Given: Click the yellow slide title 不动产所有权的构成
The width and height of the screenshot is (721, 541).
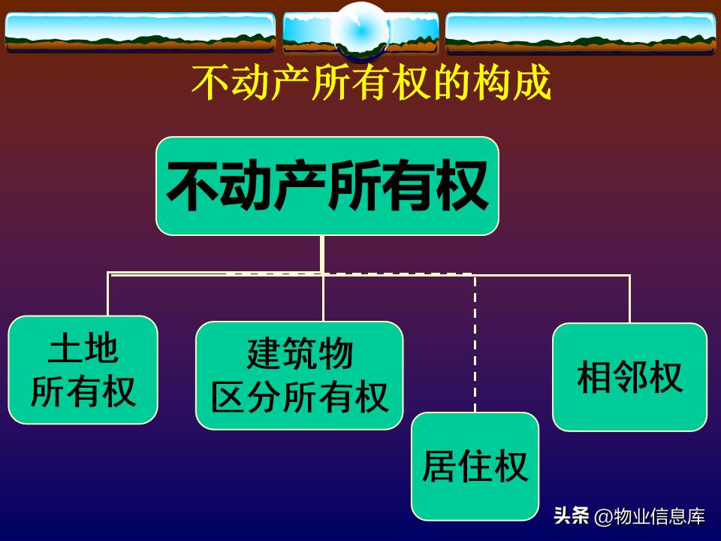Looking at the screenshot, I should pos(372,83).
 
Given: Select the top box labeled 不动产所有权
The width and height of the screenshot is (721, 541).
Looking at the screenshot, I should pos(327,186).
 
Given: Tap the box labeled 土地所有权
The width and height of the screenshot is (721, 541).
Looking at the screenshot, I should pos(83,370).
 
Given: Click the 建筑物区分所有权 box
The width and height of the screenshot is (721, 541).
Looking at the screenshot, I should pos(299,376).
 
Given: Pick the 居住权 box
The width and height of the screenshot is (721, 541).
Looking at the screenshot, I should pos(475,466).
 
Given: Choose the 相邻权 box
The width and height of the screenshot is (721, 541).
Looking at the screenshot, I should pos(629,377).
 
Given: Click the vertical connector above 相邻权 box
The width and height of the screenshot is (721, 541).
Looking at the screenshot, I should pos(629,298).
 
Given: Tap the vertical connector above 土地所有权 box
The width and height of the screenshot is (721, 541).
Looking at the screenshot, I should pos(108,295).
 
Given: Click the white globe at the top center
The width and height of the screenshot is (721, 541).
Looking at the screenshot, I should pos(360,30).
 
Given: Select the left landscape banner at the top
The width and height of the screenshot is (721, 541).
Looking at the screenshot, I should pos(140,32).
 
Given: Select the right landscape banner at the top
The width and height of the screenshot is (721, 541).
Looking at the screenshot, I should pos(580,32).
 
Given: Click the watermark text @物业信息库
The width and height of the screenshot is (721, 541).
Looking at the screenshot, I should pos(650,517).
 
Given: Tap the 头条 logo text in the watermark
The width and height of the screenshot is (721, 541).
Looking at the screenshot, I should pos(571,517).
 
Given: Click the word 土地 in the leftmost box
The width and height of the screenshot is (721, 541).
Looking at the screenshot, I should pos(83,349).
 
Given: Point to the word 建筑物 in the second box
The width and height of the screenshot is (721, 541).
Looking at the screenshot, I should pos(299,354).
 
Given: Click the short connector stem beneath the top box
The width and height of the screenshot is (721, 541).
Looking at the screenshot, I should pos(322,253).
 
